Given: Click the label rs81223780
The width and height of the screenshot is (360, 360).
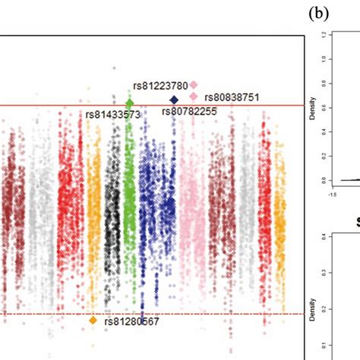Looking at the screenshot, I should pyautogui.click(x=160, y=85).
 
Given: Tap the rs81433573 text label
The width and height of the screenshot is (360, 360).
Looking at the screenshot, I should pyautogui.click(x=112, y=115).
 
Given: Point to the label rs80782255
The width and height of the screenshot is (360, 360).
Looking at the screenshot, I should pyautogui.click(x=190, y=112).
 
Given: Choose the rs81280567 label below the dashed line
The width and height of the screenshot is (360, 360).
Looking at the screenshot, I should pyautogui.click(x=132, y=321).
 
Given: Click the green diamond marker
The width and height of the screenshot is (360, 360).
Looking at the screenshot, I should pyautogui.click(x=129, y=103).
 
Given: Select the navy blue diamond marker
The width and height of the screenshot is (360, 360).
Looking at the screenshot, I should pyautogui.click(x=174, y=99).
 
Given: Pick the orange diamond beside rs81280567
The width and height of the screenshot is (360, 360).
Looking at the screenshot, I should pyautogui.click(x=93, y=321).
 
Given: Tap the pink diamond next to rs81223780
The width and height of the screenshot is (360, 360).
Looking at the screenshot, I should pyautogui.click(x=194, y=85).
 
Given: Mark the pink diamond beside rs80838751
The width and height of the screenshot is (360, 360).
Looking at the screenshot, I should pyautogui.click(x=194, y=96).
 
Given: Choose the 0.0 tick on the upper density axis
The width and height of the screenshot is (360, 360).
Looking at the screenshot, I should pyautogui.click(x=323, y=180).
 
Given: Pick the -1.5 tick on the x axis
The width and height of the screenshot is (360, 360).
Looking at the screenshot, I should pyautogui.click(x=332, y=194).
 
